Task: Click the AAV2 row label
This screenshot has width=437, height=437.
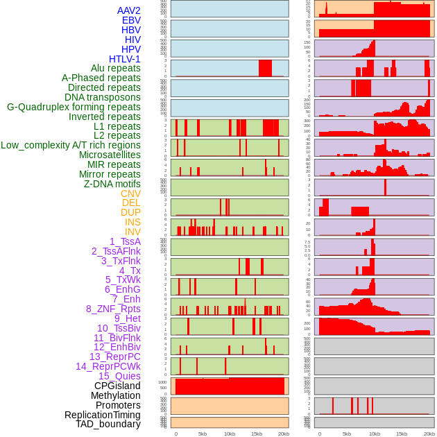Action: coord(128,10)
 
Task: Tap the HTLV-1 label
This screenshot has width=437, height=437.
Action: coord(124,59)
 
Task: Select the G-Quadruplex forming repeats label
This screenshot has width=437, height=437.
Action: coord(74,107)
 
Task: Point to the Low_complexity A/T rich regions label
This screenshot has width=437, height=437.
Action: coord(70,145)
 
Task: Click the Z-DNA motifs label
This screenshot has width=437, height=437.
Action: coord(112,184)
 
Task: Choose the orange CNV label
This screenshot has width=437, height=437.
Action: coord(130,194)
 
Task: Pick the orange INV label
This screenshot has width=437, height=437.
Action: coord(132,232)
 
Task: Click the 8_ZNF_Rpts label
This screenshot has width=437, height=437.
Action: coord(113,309)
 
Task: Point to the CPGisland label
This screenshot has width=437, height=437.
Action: coord(117,386)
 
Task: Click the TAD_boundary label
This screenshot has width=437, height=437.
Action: coord(108,424)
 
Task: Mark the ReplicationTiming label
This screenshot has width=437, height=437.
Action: coord(102,415)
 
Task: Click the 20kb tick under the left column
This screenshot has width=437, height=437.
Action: coord(284,434)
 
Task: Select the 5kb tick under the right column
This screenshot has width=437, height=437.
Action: coord(346,434)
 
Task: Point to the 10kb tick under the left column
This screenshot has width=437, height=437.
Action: coord(230,434)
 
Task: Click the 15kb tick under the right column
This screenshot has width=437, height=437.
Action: coord(401,434)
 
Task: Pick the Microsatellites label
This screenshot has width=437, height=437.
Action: coord(110,155)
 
